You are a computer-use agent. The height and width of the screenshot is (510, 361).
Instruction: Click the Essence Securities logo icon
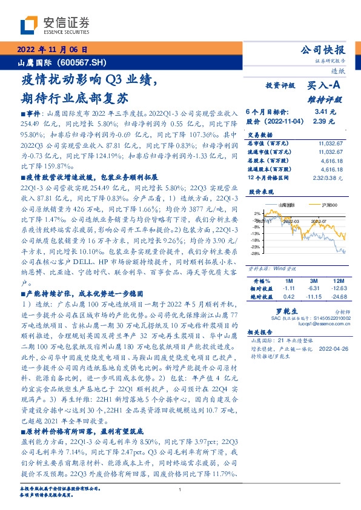pyautogui.click(x=28, y=24)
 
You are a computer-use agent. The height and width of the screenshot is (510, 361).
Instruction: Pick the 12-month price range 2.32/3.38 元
pyautogui.click(x=328, y=177)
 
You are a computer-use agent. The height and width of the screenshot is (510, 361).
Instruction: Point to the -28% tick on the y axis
pyautogui.click(x=257, y=253)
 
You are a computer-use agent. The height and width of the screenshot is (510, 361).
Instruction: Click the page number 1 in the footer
pyautogui.click(x=180, y=490)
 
